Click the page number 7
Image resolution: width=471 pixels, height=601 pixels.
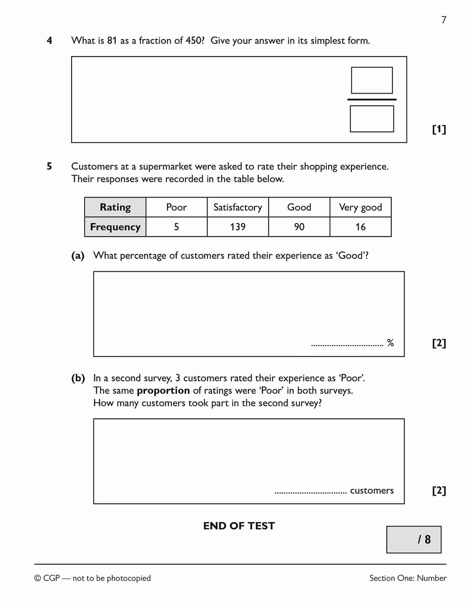click(443, 20)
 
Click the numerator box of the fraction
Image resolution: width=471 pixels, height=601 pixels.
click(372, 80)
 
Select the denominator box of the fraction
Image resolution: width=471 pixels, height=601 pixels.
click(372, 119)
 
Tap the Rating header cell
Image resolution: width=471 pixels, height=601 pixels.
click(115, 207)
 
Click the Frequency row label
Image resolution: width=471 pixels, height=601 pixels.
click(115, 227)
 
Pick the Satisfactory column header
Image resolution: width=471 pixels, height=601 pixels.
click(238, 207)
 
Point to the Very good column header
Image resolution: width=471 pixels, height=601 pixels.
click(360, 207)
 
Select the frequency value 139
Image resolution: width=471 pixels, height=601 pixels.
click(238, 227)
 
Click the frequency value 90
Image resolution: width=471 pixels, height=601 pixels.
click(299, 227)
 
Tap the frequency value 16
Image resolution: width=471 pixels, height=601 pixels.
click(360, 227)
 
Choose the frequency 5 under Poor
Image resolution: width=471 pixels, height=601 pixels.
click(176, 227)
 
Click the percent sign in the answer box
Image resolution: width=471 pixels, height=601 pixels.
click(390, 343)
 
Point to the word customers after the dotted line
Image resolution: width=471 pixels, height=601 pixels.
click(372, 490)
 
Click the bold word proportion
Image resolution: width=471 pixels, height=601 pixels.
click(163, 390)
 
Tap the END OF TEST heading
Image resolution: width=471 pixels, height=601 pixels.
click(239, 526)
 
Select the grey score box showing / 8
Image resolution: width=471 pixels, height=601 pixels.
click(414, 539)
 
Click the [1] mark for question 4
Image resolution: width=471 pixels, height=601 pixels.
click(439, 129)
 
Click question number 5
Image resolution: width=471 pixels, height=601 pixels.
click(49, 166)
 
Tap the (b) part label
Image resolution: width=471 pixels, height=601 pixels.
click(78, 378)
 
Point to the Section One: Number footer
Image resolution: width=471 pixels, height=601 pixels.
click(408, 578)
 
